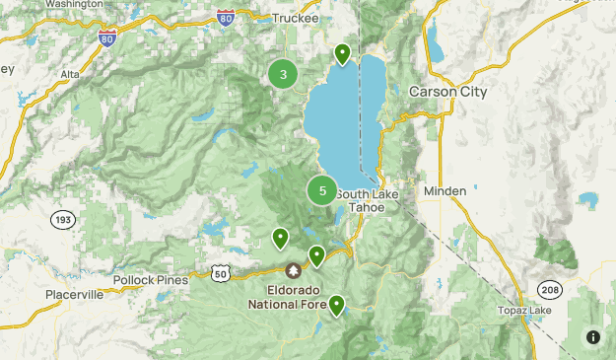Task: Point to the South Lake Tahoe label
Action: (x=367, y=200)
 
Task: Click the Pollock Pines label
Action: (x=150, y=280)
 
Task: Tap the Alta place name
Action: (x=71, y=73)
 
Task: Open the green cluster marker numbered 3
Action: (x=284, y=74)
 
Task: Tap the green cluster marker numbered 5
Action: (x=322, y=190)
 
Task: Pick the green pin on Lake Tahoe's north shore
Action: (x=342, y=52)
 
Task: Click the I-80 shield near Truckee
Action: (x=226, y=17)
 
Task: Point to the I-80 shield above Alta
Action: (x=107, y=37)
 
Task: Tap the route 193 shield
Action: (x=63, y=218)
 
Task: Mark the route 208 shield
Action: (x=550, y=288)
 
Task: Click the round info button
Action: (x=592, y=336)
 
